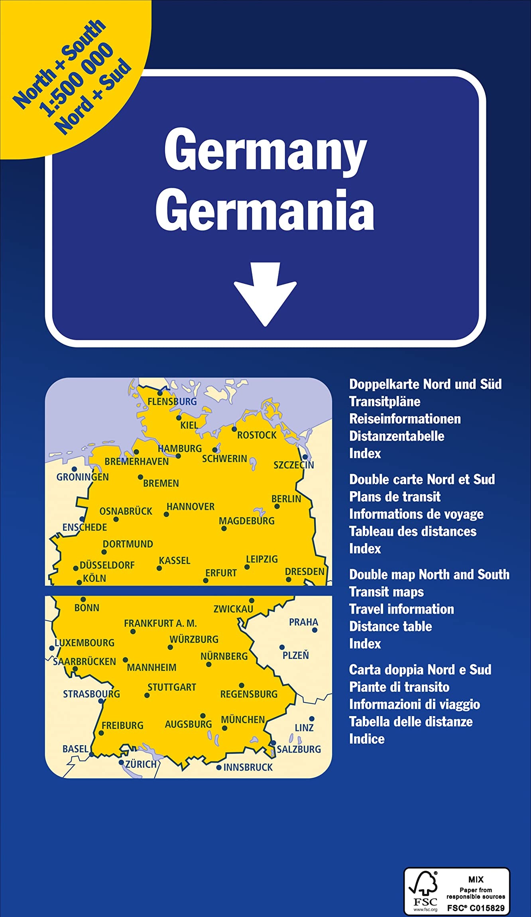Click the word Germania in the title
265,210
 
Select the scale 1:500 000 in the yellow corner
76,80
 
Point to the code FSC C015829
476,908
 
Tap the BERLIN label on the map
286,499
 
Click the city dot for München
224,728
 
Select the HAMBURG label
180,449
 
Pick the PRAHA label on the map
303,622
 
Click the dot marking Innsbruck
218,767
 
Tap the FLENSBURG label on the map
172,401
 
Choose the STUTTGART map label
172,687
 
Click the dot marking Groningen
74,469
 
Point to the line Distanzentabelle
397,436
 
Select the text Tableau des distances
413,531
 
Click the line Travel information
401,609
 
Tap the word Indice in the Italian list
367,739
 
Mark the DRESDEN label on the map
305,571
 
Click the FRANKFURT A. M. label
160,623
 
